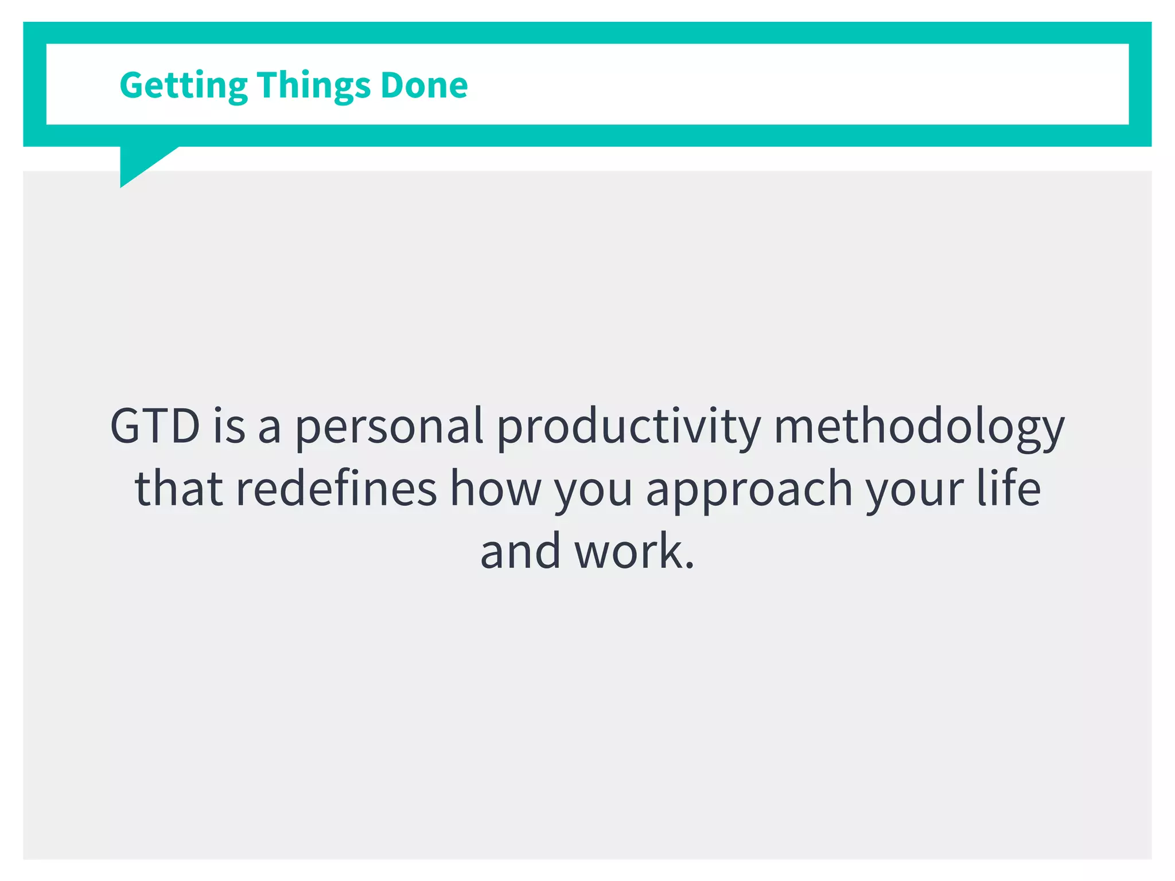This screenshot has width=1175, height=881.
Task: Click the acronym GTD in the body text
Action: coord(155,426)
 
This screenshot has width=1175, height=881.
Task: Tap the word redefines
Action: coord(336,489)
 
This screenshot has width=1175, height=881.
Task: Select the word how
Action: coord(495,489)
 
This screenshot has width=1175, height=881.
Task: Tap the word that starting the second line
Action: coord(178,489)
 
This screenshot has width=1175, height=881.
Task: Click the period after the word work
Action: coord(689,566)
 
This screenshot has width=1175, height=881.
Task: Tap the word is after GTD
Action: coord(229,426)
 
